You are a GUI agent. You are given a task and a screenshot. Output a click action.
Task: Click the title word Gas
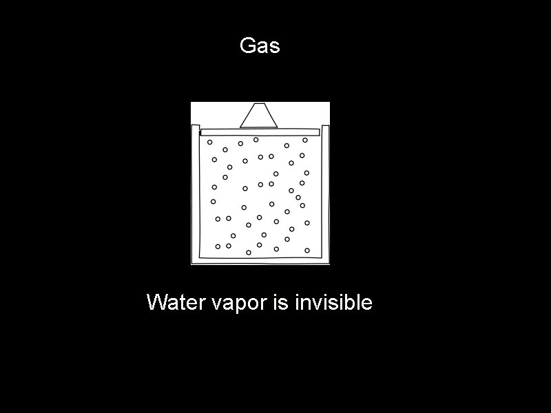pos(260,46)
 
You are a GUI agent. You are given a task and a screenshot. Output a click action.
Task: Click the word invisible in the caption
pos(333,302)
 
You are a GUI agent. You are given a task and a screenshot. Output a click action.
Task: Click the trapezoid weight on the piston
pos(259,116)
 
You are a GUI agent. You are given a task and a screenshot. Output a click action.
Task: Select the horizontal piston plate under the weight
pos(260,131)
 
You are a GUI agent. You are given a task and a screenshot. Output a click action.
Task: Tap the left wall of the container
pos(196,193)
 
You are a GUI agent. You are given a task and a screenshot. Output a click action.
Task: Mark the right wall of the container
pos(325,193)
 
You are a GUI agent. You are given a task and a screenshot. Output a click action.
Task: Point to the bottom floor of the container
pos(260,260)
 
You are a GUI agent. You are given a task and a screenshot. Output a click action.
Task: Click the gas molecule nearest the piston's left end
pos(210,142)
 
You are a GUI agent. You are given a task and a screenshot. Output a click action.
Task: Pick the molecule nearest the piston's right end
pos(305,140)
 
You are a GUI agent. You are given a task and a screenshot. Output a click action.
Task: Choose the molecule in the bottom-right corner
pos(307,251)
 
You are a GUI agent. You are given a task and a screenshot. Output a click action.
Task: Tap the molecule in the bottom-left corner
pos(218,246)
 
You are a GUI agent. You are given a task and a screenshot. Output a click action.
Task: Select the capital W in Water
pos(156,302)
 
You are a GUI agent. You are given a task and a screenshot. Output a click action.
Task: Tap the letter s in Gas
pos(275,47)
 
